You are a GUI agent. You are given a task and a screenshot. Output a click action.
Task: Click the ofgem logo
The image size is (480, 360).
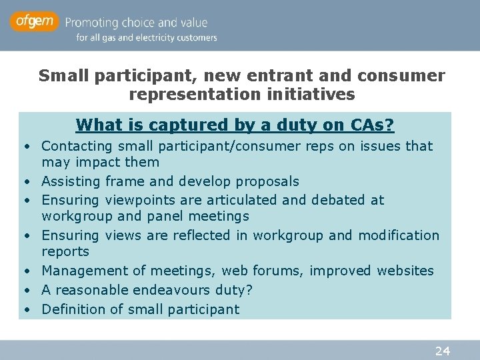[34, 22]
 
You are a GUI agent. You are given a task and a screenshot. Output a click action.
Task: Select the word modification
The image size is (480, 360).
[399, 235]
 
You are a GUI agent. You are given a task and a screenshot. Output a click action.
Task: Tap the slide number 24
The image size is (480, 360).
[442, 351]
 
